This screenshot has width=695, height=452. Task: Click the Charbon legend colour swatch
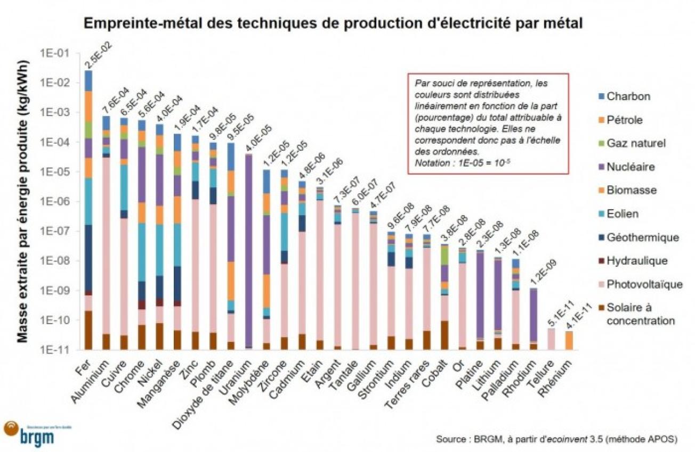(x=597, y=97)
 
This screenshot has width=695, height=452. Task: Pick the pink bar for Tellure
(x=552, y=339)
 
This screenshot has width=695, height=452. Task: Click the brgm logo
(x=32, y=432)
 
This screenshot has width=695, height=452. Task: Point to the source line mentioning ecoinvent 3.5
(x=556, y=439)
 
